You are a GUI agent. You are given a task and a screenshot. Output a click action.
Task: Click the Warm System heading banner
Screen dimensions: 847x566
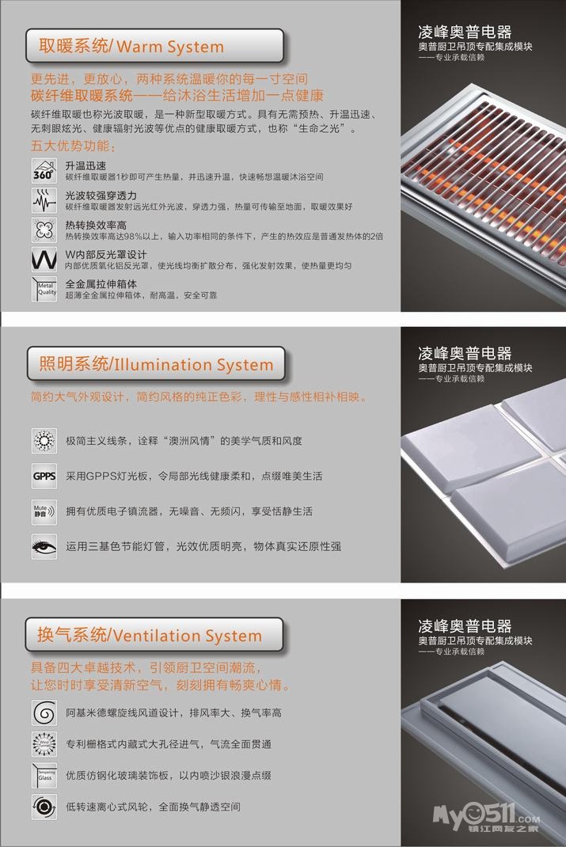[x=154, y=47]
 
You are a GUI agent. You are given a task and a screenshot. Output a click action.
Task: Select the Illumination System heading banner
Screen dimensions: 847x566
[x=154, y=365]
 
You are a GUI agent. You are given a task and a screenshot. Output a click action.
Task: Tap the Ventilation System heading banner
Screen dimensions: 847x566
[x=154, y=636]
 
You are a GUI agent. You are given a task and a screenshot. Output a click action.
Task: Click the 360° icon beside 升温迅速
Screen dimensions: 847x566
[x=43, y=170]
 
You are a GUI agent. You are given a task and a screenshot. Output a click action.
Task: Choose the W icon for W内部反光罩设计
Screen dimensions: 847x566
[x=43, y=260]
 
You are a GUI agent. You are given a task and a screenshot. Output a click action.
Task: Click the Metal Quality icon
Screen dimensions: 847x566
[x=43, y=289]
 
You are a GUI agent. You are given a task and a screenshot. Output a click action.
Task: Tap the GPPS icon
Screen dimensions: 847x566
[x=44, y=477]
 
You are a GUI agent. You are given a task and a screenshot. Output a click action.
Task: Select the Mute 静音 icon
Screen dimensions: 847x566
[x=44, y=511]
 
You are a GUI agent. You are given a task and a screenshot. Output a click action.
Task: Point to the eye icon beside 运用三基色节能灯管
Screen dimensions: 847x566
[x=44, y=546]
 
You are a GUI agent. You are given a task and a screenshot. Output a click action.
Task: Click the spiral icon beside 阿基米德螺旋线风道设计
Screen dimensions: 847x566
[x=44, y=712]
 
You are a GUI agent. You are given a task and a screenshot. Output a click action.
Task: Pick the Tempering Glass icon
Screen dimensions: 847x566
[x=44, y=775]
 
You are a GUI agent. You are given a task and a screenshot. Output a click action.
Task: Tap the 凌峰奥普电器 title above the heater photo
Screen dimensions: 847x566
[x=465, y=32]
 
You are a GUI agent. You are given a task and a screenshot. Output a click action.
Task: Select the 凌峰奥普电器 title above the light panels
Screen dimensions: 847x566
[x=465, y=354]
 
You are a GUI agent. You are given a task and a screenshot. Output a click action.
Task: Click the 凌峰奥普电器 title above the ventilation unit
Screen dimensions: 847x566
[x=465, y=626]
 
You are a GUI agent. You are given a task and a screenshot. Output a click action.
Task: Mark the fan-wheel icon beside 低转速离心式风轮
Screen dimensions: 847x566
[x=44, y=807]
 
